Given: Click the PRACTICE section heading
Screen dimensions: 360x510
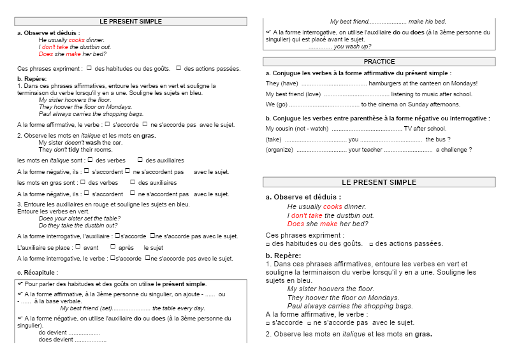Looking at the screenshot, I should coord(379,62).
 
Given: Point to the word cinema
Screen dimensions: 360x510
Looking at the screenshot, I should coord(392,104).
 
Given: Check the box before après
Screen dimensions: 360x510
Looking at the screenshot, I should coord(113,247).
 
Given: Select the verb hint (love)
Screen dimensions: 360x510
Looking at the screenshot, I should coord(310,94).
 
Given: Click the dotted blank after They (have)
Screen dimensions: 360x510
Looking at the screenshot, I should coord(334,83).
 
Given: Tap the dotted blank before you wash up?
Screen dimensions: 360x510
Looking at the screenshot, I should coord(320,47).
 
